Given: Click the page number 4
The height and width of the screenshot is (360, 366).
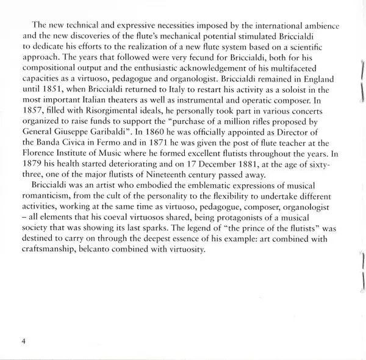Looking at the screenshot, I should [x=23, y=340].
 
